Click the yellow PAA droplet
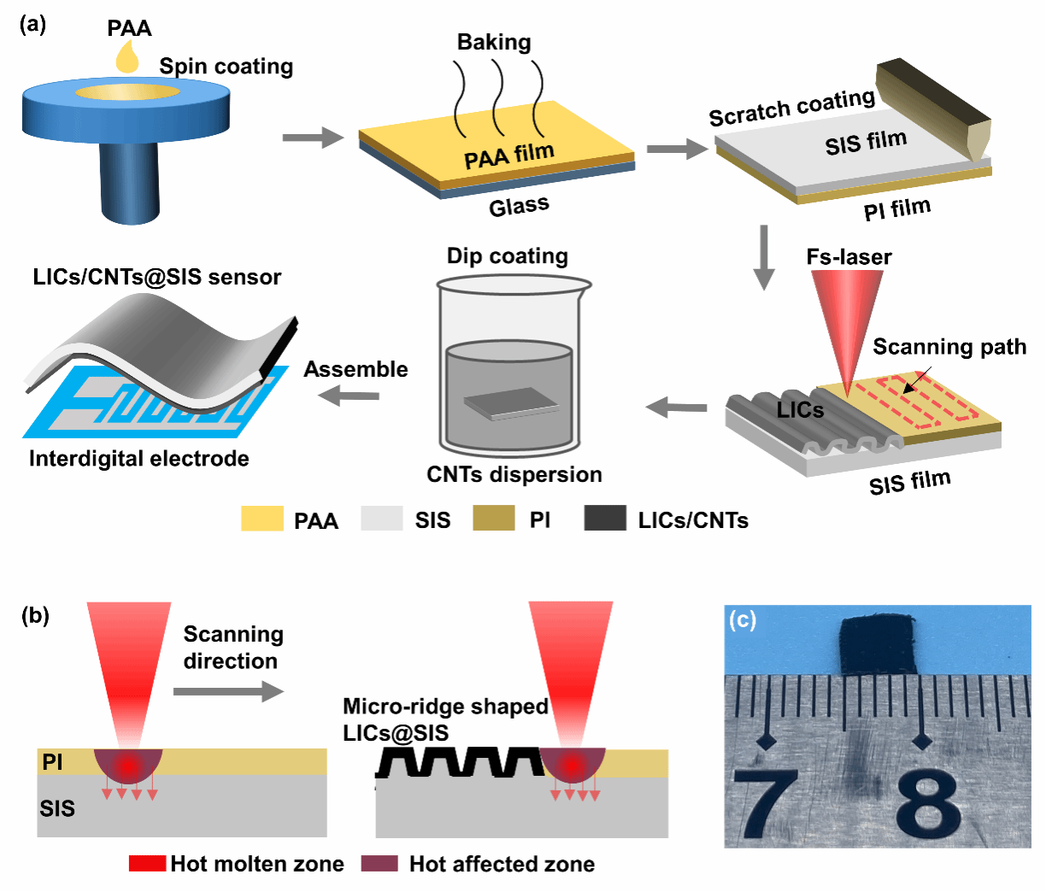click(127, 59)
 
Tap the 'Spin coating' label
click(226, 67)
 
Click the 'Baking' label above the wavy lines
click(494, 42)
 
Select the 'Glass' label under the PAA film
click(519, 206)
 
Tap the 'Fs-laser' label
click(849, 256)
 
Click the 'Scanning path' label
click(949, 346)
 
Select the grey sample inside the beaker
click(511, 403)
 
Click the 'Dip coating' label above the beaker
click(507, 255)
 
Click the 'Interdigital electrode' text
click(139, 459)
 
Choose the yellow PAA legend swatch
click(262, 519)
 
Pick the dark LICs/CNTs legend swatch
click(605, 519)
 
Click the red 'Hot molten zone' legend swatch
click(147, 864)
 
